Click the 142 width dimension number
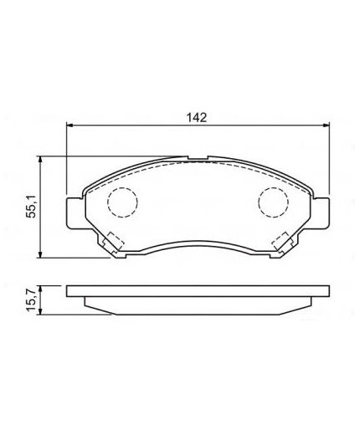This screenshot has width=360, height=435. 198,117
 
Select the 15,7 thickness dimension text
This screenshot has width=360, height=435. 33,299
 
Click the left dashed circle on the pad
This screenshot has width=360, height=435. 122,202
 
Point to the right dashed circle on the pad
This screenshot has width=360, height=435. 272,202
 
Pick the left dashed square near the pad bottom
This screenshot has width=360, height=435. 113,242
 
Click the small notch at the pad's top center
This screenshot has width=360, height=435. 198,160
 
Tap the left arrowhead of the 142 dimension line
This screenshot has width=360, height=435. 70,126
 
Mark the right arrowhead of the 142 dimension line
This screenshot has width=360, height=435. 326,126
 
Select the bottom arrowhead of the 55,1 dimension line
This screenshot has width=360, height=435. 42,254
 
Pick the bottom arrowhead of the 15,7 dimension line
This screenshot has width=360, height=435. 42,311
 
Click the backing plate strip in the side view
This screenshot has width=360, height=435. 198,292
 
